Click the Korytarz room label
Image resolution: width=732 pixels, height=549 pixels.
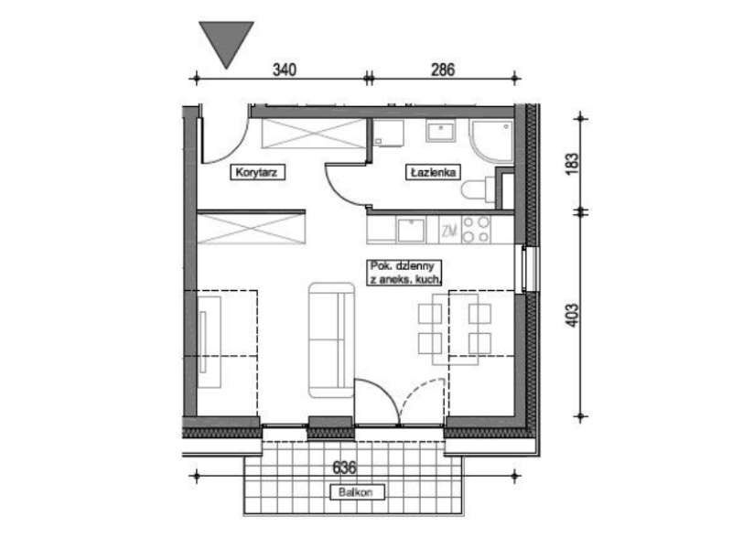257,172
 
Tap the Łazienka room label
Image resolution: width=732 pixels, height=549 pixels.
433,172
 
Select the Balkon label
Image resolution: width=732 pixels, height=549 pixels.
357,492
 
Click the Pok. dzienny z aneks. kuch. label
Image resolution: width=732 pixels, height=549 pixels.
404,273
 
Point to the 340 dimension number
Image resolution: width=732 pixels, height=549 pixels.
285,70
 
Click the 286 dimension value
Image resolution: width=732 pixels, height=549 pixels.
443,70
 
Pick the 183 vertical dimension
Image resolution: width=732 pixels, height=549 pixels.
572,164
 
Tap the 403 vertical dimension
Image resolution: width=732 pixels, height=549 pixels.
572,315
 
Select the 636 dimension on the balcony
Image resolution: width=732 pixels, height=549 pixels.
345,468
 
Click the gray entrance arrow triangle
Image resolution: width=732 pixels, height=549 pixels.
226,41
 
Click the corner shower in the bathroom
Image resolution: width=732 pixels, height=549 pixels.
492,142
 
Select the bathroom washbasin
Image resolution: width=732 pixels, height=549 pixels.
440,131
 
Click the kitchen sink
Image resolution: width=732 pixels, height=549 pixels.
411,231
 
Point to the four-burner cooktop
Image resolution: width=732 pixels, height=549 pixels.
476,230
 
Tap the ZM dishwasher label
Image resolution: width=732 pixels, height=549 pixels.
449,231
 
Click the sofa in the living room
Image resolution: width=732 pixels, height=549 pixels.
331,339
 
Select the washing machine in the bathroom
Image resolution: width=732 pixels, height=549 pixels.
389,133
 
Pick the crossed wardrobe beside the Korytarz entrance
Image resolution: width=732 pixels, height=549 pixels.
314,134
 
